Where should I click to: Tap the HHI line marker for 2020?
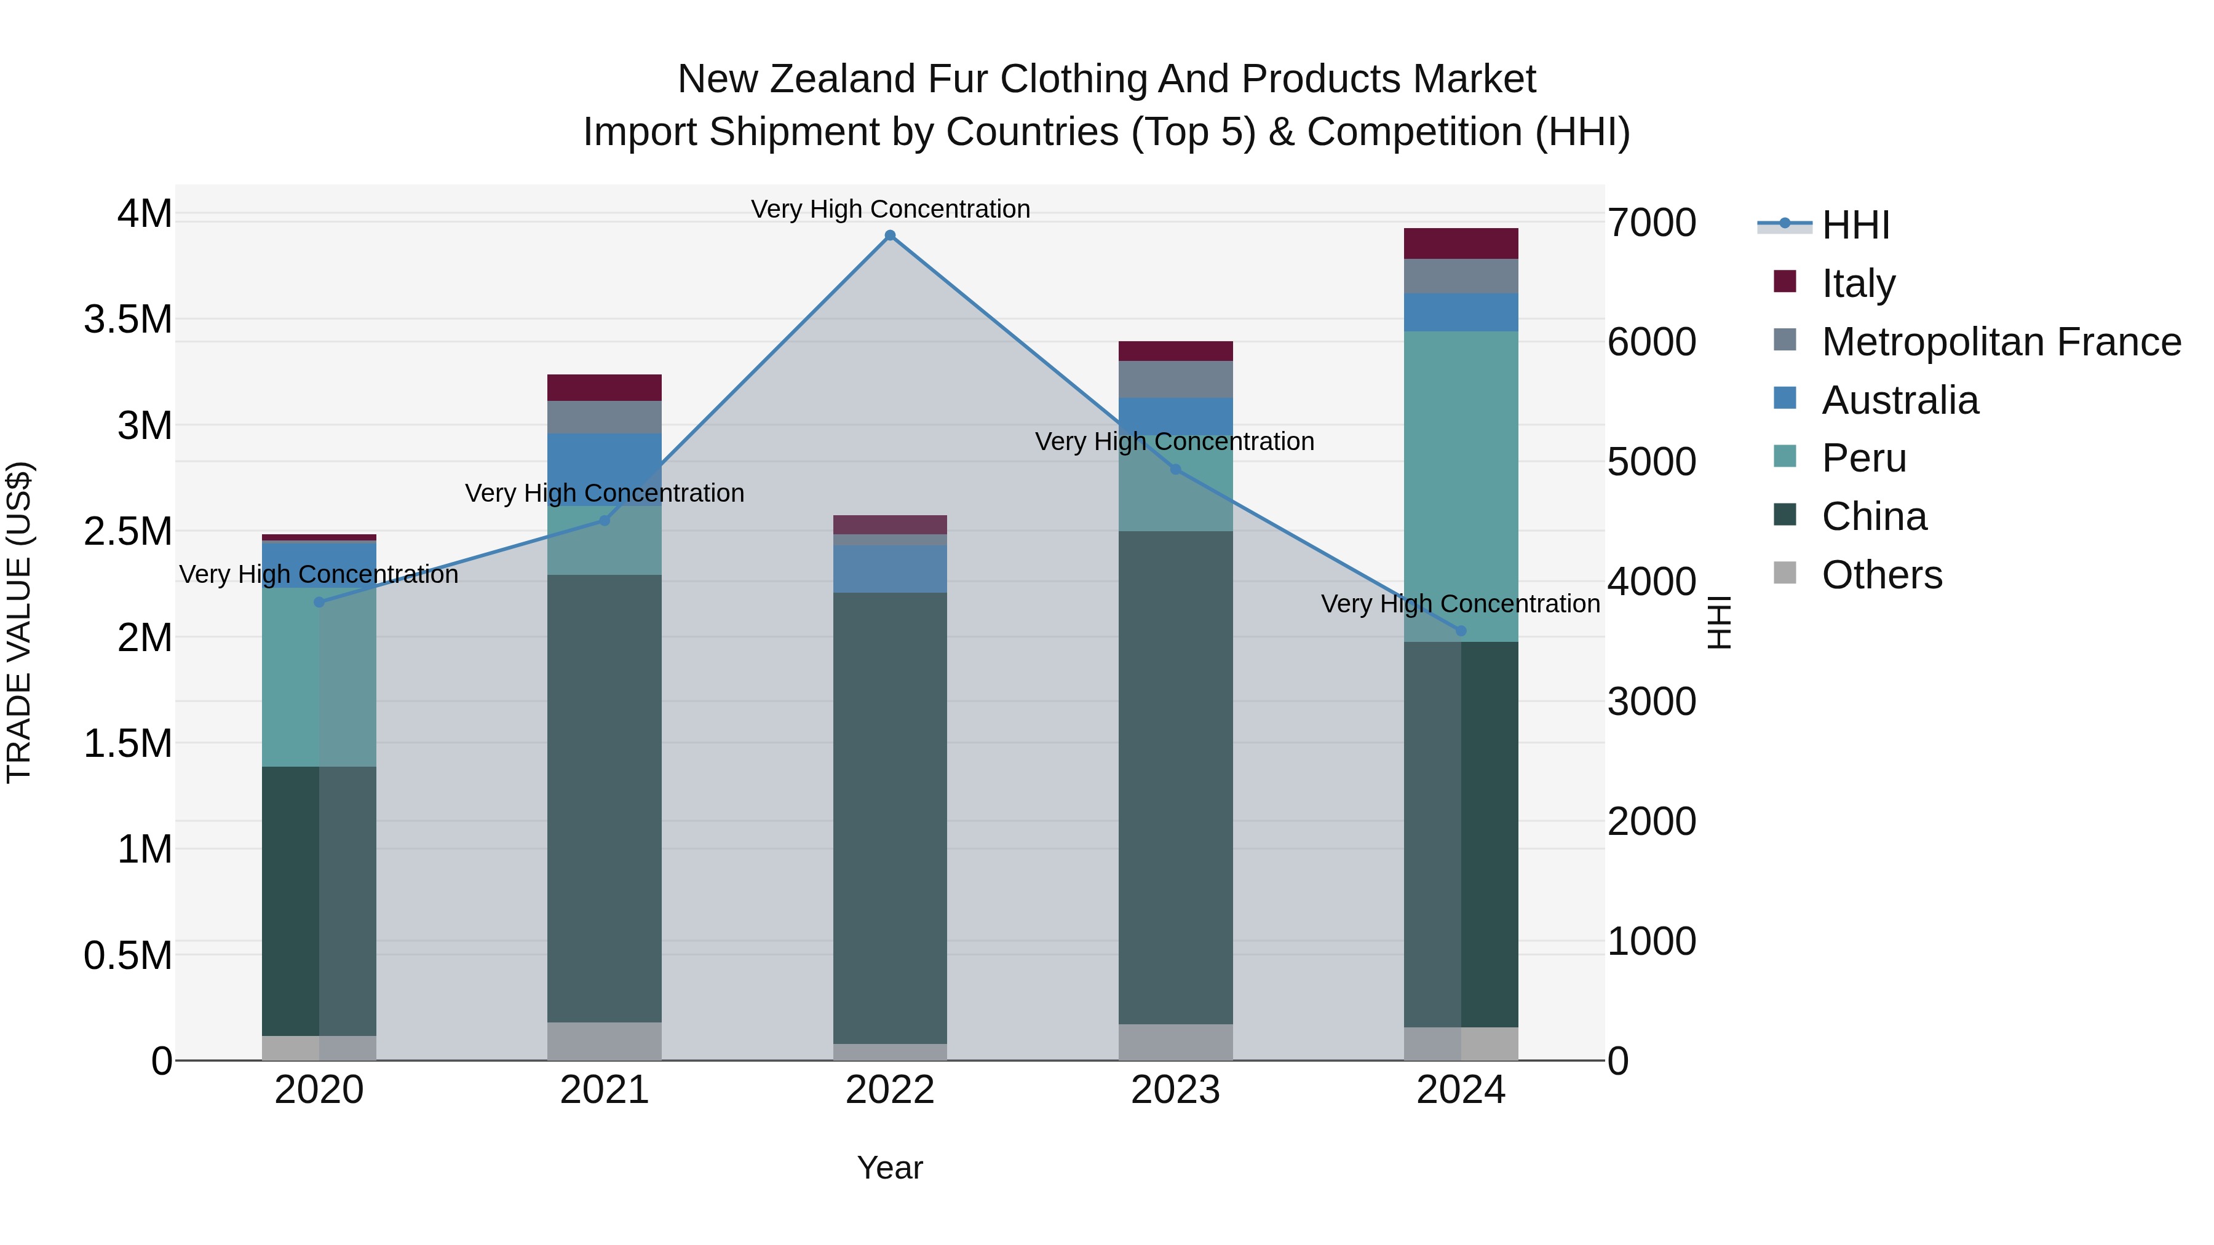click(x=319, y=603)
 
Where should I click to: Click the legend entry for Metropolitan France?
click(x=2000, y=342)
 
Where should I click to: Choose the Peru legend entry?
click(x=1863, y=458)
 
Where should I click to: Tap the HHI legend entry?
click(x=1855, y=225)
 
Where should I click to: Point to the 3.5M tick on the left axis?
click(x=127, y=320)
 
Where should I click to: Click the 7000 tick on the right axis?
click(x=1651, y=223)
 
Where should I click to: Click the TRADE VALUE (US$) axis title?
click(x=19, y=622)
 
